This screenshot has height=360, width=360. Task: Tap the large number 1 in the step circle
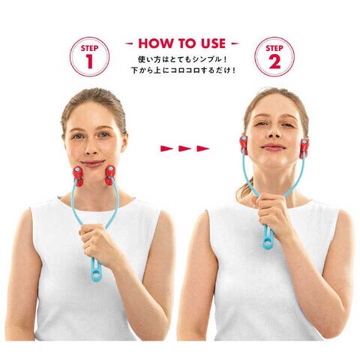89,61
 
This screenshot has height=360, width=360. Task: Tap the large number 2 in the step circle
274,61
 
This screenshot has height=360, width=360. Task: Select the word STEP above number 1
89,48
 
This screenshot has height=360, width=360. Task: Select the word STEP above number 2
274,48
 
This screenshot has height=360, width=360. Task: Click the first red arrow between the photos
166,148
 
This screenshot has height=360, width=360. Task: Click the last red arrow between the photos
202,148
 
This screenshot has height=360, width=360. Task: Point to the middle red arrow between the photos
184,148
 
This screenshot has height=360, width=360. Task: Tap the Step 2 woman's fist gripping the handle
272,212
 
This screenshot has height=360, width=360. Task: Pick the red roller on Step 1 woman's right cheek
77,175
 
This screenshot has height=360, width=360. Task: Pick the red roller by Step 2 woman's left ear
304,148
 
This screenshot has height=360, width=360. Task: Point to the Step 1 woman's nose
91,149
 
